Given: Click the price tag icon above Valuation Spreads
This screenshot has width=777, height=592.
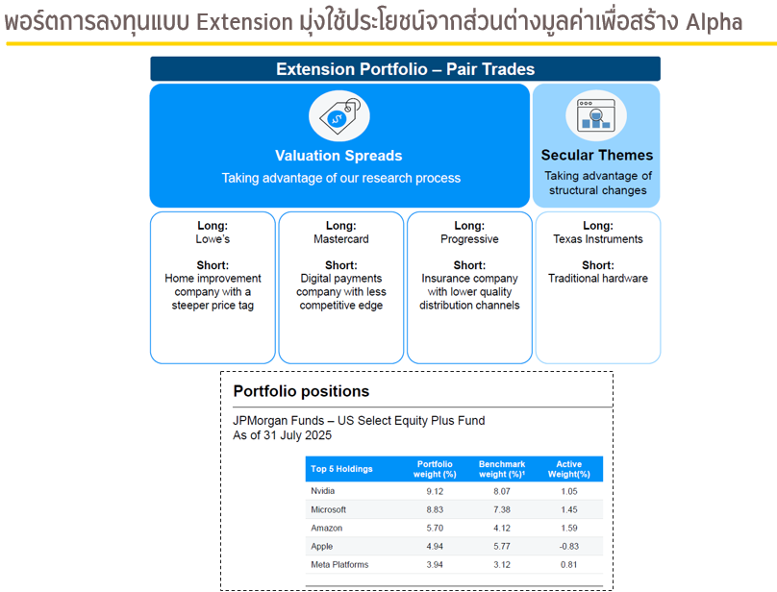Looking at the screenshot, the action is pyautogui.click(x=338, y=115).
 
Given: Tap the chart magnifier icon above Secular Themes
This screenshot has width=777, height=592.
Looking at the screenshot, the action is pyautogui.click(x=596, y=115).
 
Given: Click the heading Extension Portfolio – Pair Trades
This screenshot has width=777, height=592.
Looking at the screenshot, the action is pyautogui.click(x=406, y=69).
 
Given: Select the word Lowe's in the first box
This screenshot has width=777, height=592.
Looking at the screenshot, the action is pyautogui.click(x=213, y=238).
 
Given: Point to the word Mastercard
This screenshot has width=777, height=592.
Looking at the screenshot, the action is pyautogui.click(x=341, y=238).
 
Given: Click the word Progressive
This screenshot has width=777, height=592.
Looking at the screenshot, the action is pyautogui.click(x=469, y=238).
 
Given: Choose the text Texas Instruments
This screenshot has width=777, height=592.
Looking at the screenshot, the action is pyautogui.click(x=597, y=238).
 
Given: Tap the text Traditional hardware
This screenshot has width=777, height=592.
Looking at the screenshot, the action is pyautogui.click(x=597, y=278).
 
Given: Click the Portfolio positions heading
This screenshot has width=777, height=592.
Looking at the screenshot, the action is pyautogui.click(x=301, y=391).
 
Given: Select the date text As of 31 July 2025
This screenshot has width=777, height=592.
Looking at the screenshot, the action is pyautogui.click(x=282, y=435).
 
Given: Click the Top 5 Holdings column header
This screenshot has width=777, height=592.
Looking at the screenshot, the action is pyautogui.click(x=341, y=469).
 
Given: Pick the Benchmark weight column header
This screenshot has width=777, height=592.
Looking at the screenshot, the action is pyautogui.click(x=501, y=469).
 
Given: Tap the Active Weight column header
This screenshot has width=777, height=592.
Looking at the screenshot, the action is pyautogui.click(x=569, y=469).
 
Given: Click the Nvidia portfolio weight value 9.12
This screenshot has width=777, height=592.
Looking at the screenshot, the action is pyautogui.click(x=435, y=491).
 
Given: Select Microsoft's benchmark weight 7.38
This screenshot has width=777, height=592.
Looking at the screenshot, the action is pyautogui.click(x=501, y=509).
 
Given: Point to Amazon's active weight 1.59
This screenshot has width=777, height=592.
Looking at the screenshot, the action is pyautogui.click(x=569, y=528).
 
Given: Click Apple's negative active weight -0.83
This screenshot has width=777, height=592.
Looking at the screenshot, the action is pyautogui.click(x=569, y=546).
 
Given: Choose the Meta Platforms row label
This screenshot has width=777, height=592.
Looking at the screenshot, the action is pyautogui.click(x=339, y=564).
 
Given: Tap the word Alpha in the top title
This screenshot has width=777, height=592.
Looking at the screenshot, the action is pyautogui.click(x=714, y=22).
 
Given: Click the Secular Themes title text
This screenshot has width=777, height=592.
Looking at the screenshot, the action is pyautogui.click(x=596, y=155).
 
